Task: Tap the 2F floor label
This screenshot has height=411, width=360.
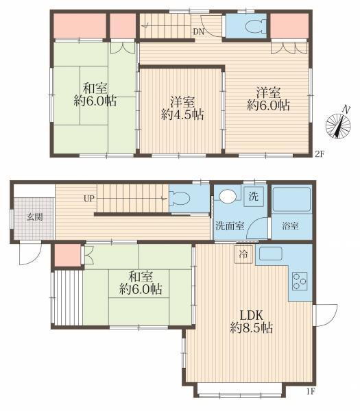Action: pos(320,154)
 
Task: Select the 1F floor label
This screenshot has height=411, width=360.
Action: pos(311,392)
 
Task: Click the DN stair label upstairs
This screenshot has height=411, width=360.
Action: pos(199,32)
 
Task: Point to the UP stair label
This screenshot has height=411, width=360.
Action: pos(88,199)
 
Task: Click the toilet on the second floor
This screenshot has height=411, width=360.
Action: pos(255,26)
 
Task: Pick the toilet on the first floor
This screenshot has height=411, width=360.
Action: pos(180,198)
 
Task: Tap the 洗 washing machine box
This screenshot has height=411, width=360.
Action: pos(254,196)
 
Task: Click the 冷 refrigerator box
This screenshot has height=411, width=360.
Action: pos(243,254)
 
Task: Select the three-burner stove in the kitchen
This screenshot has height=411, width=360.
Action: pos(300,281)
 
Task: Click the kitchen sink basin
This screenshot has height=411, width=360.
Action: pos(271,253)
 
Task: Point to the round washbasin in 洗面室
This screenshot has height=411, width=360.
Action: pos(228,197)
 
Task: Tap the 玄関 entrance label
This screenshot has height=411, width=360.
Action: pos(35,217)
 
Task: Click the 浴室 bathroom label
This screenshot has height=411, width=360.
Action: pos(290,225)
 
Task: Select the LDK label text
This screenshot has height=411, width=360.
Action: pos(252,315)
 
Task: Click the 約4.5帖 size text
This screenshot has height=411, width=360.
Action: pos(182,114)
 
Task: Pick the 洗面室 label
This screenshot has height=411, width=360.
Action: pos(230,225)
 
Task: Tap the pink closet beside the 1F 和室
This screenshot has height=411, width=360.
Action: pos(68,255)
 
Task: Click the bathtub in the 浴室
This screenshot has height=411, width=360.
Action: pos(291,199)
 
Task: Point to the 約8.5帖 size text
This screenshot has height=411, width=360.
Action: pos(252,327)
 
